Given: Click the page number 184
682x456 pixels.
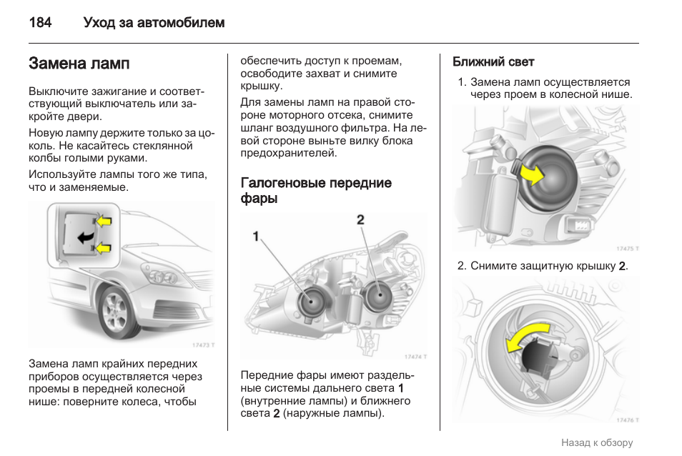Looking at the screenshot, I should pyautogui.click(x=40, y=23).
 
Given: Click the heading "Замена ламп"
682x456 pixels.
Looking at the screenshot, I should pyautogui.click(x=79, y=64).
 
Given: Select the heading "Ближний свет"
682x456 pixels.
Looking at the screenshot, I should pyautogui.click(x=493, y=62).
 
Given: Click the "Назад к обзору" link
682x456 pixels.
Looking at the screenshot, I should pyautogui.click(x=597, y=442).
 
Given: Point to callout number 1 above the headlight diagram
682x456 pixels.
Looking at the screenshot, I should pyautogui.click(x=255, y=236).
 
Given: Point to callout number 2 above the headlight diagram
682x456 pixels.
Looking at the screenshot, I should pyautogui.click(x=360, y=219).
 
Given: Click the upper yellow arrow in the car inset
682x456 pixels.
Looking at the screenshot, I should pyautogui.click(x=104, y=221).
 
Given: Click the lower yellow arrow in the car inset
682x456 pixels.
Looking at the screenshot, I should pyautogui.click(x=104, y=248).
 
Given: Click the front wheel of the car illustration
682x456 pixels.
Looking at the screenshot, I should pyautogui.click(x=114, y=313).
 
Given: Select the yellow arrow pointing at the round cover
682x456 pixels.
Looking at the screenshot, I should pyautogui.click(x=530, y=172).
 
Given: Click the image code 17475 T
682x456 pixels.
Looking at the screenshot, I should pyautogui.click(x=626, y=248).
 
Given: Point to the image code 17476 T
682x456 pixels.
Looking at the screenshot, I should pyautogui.click(x=626, y=420).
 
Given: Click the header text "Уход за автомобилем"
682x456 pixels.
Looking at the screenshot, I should pyautogui.click(x=154, y=23).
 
